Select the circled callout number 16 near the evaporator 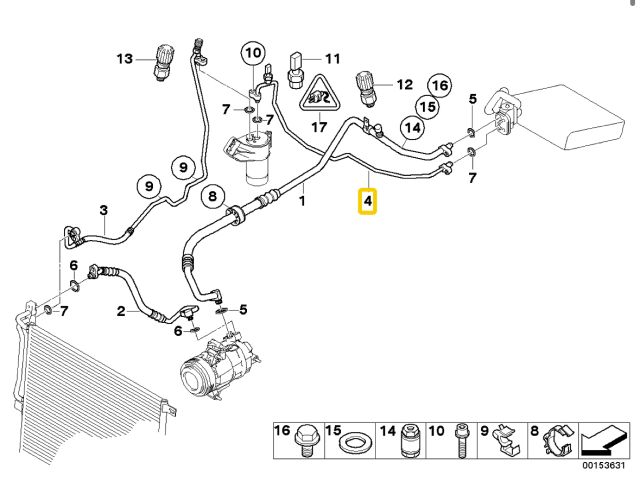(440, 85)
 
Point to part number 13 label (124, 59)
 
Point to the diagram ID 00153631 (603, 464)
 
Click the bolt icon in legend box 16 (306, 440)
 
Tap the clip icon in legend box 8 (559, 440)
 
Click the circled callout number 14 (412, 127)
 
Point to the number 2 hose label (120, 311)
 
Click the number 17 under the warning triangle (319, 127)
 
